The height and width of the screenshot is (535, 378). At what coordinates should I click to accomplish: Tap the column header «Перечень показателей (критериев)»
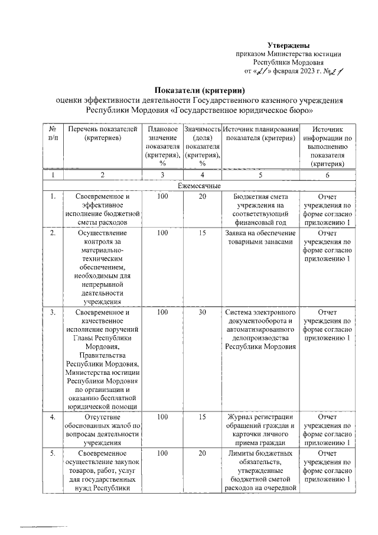click(x=103, y=133)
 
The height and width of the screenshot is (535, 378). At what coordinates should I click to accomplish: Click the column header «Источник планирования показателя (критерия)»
click(x=260, y=133)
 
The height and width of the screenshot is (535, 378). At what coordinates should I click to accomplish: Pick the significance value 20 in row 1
click(x=202, y=197)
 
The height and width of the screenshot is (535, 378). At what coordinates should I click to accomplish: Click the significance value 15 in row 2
click(x=202, y=233)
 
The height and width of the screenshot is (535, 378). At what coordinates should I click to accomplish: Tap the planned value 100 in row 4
click(x=162, y=417)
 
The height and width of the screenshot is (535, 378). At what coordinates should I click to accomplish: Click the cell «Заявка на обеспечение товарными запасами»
click(x=260, y=237)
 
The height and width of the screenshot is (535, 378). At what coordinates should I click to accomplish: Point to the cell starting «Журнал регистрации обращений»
click(x=260, y=430)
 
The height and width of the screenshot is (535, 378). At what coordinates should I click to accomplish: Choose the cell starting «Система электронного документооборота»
click(x=260, y=329)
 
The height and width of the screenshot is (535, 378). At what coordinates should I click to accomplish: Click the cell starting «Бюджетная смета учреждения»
click(x=260, y=210)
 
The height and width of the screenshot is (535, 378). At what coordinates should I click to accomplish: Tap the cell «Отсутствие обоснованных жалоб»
click(x=103, y=430)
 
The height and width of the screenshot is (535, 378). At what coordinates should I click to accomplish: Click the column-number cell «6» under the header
click(x=327, y=175)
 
